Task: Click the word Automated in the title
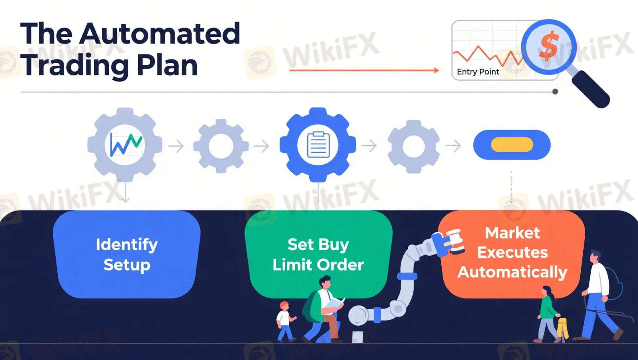click(x=159, y=33)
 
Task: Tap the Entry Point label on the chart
click(x=478, y=72)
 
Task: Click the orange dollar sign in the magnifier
click(x=548, y=46)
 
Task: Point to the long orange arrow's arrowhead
click(x=436, y=70)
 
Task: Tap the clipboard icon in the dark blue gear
click(x=318, y=145)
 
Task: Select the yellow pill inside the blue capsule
click(x=512, y=145)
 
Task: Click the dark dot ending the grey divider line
click(x=555, y=92)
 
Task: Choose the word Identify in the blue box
click(x=126, y=244)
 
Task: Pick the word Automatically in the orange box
click(x=512, y=272)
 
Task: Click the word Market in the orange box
click(x=512, y=233)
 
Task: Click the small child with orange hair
click(x=285, y=320)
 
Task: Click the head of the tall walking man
click(x=595, y=256)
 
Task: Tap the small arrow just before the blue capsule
click(x=453, y=146)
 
